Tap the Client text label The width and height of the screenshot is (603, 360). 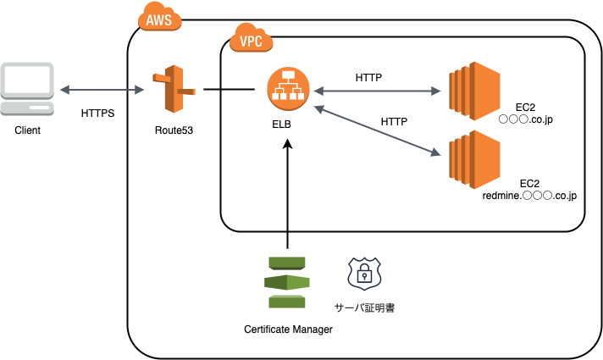point(28,130)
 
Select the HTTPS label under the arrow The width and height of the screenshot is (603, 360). point(98,113)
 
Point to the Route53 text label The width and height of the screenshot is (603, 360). point(174,130)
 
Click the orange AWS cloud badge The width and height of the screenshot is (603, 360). point(158,19)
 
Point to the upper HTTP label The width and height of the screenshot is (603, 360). point(368,77)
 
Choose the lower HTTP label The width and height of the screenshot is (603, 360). point(394,121)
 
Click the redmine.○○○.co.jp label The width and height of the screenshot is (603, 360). point(529,196)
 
